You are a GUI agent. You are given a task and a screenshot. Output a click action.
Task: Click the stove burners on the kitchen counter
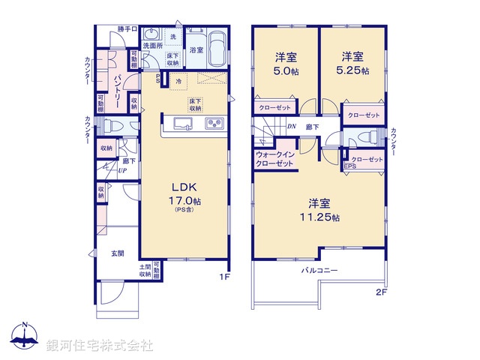click(213, 124)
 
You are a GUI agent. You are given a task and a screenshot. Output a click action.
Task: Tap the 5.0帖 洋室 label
click(282, 62)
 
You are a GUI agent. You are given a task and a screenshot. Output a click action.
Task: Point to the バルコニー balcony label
click(320, 269)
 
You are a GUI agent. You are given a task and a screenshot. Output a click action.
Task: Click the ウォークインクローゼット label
click(274, 158)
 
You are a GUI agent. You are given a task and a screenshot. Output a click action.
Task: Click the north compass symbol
click(25, 337)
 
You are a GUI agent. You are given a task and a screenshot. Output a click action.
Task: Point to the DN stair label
click(291, 127)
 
